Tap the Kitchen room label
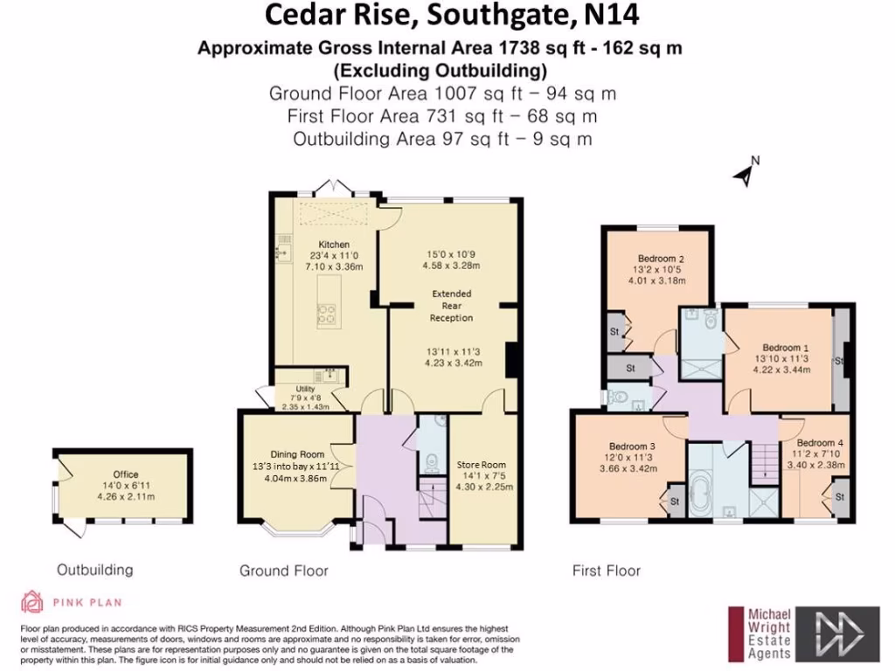334,245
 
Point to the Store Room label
482,465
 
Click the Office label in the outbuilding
126,475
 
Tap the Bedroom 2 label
660,259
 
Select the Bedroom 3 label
622,446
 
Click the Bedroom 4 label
820,442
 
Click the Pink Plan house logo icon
32,602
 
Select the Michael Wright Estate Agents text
768,633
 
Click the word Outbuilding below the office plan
95,570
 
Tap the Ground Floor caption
284,571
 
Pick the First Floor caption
607,571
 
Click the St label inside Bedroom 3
676,502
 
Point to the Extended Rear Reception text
451,306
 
